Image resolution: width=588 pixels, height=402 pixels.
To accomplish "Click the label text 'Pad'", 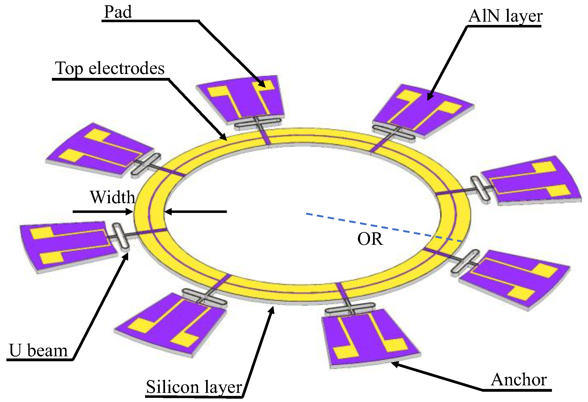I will [x=118, y=12].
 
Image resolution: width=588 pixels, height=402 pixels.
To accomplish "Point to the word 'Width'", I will [x=112, y=197].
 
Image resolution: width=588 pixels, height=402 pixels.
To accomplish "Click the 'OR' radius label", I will [x=370, y=239].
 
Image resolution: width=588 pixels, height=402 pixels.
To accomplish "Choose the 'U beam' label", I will [x=38, y=350].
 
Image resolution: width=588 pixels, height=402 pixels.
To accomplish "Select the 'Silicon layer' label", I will [x=194, y=387].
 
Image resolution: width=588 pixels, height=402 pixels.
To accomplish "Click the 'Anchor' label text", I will [x=519, y=380].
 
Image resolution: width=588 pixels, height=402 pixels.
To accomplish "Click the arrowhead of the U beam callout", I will [x=126, y=256].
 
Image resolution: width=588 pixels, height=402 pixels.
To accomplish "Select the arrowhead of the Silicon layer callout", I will [x=272, y=309].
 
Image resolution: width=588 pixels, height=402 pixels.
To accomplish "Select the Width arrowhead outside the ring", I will [x=131, y=212].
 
